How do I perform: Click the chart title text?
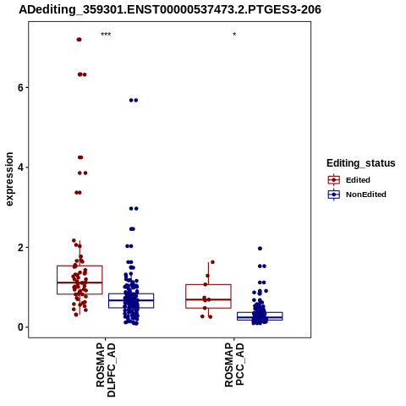point(170,9)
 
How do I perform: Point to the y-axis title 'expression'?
point(9,179)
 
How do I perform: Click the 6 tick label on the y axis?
point(20,88)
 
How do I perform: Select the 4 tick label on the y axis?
point(20,167)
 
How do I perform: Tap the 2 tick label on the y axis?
point(20,248)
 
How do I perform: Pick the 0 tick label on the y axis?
point(20,327)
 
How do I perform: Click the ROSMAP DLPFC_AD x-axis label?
point(106,370)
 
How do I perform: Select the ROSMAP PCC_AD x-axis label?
point(234,365)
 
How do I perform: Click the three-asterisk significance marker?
point(106,35)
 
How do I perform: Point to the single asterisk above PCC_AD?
point(234,35)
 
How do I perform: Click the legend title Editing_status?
point(361,163)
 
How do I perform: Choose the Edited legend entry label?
point(358,180)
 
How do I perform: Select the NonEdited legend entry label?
point(366,195)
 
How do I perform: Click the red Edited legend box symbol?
point(334,180)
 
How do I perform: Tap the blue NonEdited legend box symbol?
point(334,195)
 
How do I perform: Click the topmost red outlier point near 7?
point(79,40)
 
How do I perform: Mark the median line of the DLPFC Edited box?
point(80,283)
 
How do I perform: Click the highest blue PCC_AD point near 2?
point(260,249)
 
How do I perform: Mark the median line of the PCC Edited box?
point(208,299)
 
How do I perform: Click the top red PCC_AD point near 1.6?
point(212,262)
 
